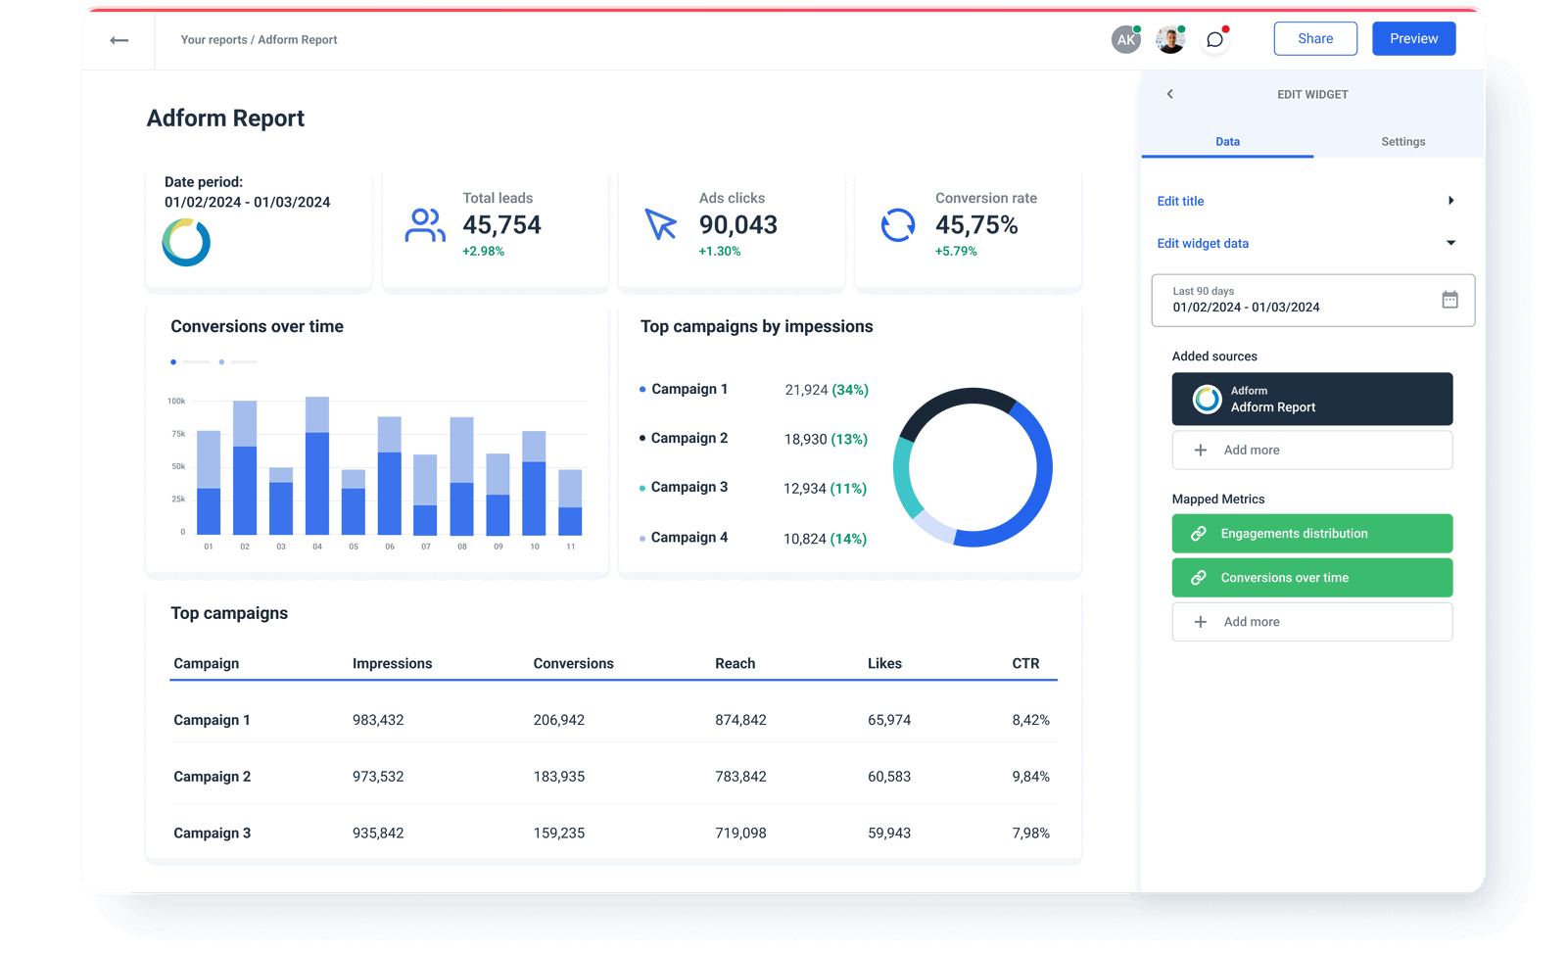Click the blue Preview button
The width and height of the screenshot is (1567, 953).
[1413, 39]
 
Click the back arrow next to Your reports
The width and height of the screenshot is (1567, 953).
[119, 40]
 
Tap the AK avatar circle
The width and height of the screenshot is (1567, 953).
[1125, 40]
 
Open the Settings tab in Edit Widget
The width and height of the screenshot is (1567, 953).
[1402, 142]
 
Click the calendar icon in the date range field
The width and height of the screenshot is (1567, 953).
[1449, 300]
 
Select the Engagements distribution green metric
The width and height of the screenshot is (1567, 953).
[1311, 534]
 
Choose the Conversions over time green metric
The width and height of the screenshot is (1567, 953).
[1311, 578]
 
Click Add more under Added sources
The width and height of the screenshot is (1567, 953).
[1311, 451]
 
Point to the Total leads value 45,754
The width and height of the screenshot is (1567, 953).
[501, 225]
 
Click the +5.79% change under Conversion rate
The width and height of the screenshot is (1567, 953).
[956, 252]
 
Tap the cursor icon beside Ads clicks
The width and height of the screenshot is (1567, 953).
[661, 224]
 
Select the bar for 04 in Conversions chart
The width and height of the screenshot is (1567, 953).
[317, 470]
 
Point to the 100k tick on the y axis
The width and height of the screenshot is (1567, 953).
[176, 401]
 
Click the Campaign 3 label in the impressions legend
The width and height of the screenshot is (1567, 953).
[689, 488]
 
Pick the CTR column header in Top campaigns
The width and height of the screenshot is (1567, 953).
[1025, 664]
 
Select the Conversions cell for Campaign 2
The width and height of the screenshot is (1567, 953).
[558, 777]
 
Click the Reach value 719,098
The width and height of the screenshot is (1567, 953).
[740, 834]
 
